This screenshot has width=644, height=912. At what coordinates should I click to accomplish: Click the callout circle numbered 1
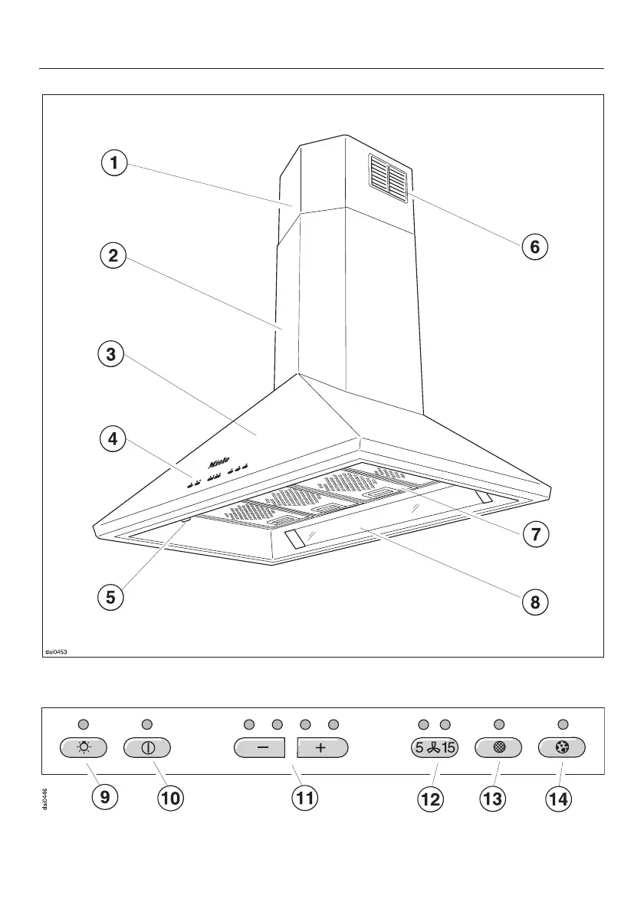(x=113, y=162)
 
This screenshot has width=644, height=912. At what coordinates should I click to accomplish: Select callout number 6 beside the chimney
(x=535, y=247)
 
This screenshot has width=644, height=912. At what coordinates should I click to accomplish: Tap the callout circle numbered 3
(x=111, y=354)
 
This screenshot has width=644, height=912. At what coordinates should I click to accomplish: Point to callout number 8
(x=535, y=602)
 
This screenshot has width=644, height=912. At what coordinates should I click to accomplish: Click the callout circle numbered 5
(x=111, y=597)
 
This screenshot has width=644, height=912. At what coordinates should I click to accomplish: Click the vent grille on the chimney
(x=388, y=179)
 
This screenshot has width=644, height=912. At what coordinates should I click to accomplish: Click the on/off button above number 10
(x=147, y=748)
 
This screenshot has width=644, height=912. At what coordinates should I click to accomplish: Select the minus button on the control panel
(x=259, y=748)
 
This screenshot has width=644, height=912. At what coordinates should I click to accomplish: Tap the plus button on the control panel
(x=323, y=748)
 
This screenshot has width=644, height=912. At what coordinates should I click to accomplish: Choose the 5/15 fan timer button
(x=432, y=748)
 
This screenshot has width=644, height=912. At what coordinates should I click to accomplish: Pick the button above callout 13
(x=499, y=748)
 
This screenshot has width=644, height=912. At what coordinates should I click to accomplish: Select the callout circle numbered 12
(x=429, y=799)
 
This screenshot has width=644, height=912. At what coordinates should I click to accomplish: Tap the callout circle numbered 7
(x=535, y=534)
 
